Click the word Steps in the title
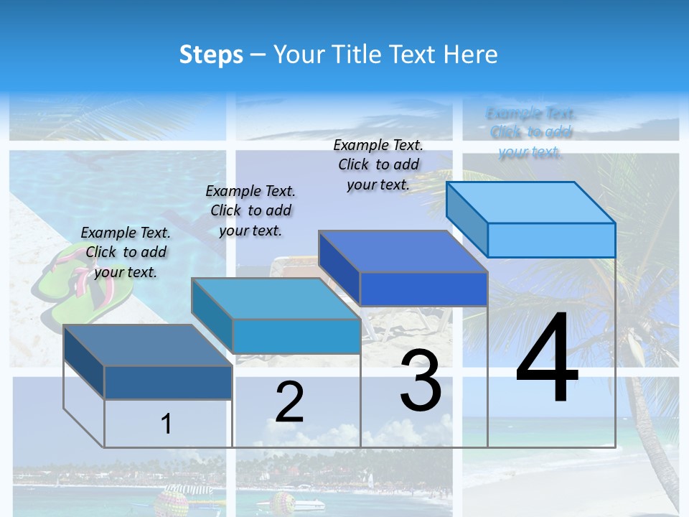(211, 55)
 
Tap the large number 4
(547, 359)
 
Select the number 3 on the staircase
(421, 380)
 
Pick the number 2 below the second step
(289, 402)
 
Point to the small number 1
(166, 424)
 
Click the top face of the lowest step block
(148, 345)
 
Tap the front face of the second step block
(296, 336)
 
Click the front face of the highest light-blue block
(551, 240)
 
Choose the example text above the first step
(126, 252)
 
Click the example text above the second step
(250, 210)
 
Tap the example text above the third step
(378, 164)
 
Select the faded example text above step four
(530, 133)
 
